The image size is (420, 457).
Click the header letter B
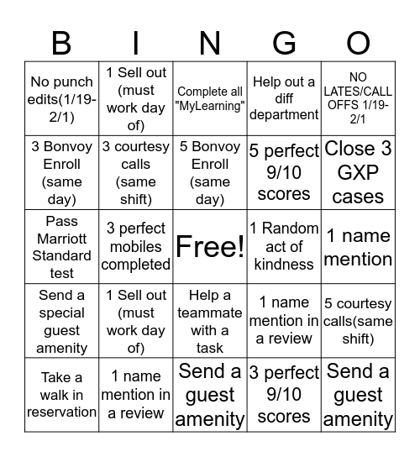(x=61, y=43)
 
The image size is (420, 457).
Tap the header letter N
(x=210, y=43)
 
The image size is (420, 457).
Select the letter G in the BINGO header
(x=284, y=43)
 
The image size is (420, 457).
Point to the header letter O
(x=358, y=43)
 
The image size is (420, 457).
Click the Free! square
(x=210, y=246)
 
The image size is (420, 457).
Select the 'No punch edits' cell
(x=61, y=99)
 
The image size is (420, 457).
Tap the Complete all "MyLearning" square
(x=210, y=99)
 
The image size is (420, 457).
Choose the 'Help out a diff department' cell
(x=284, y=99)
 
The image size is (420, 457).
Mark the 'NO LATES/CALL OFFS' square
(x=358, y=99)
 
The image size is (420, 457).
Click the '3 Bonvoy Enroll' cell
(x=61, y=173)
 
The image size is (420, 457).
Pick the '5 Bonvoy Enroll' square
(x=210, y=173)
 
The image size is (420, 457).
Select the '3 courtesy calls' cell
(x=135, y=173)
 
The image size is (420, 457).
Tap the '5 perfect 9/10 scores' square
(x=284, y=173)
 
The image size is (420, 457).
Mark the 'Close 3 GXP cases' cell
(x=358, y=173)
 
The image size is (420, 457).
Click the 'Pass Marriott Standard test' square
(x=61, y=246)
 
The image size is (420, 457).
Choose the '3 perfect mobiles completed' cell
(x=135, y=246)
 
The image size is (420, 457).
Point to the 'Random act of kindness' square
(x=284, y=246)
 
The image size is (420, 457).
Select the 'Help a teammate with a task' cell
(x=210, y=321)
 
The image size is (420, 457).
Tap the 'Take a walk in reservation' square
(x=61, y=395)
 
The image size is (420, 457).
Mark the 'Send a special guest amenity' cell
(x=61, y=321)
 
